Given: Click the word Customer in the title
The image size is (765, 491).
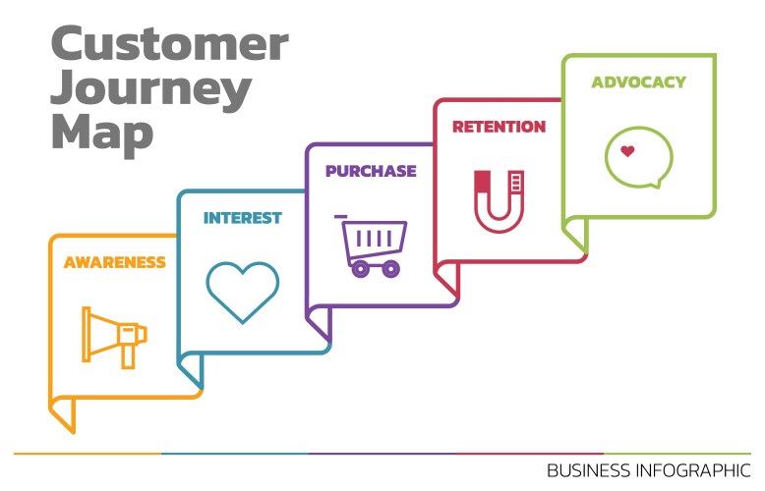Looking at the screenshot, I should pyautogui.click(x=169, y=45).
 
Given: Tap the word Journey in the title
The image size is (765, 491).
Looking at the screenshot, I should pyautogui.click(x=150, y=90).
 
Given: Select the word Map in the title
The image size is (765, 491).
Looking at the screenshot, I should pyautogui.click(x=101, y=133).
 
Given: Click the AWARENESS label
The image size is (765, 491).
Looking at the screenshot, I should pyautogui.click(x=114, y=262).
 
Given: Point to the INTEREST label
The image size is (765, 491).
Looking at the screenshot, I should pyautogui.click(x=242, y=217).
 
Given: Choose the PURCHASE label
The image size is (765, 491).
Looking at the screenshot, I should pyautogui.click(x=371, y=171).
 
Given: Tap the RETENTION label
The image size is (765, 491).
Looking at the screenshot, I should pyautogui.click(x=499, y=127).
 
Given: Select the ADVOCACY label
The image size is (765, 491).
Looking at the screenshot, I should pyautogui.click(x=638, y=82).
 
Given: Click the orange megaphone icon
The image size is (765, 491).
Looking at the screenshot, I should pyautogui.click(x=114, y=336).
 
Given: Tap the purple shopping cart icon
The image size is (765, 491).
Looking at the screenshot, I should pyautogui.click(x=372, y=245).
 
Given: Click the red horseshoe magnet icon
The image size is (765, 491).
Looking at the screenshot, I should pyautogui.click(x=500, y=200).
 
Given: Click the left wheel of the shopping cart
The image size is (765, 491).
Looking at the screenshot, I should pyautogui.click(x=360, y=267).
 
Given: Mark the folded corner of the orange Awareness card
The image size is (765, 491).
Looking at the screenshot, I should pyautogui.click(x=62, y=413).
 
